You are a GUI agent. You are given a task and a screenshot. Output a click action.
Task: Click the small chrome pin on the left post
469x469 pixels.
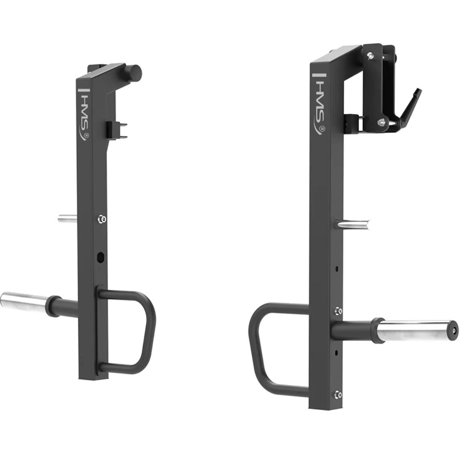pyautogui.click(x=67, y=218)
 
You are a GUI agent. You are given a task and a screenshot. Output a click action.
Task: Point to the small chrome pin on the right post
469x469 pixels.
pyautogui.click(x=352, y=224)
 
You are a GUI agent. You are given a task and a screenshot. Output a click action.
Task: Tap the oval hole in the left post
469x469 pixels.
pyautogui.click(x=101, y=257)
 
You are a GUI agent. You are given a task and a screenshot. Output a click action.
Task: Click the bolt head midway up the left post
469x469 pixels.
pyautogui.click(x=102, y=220)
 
